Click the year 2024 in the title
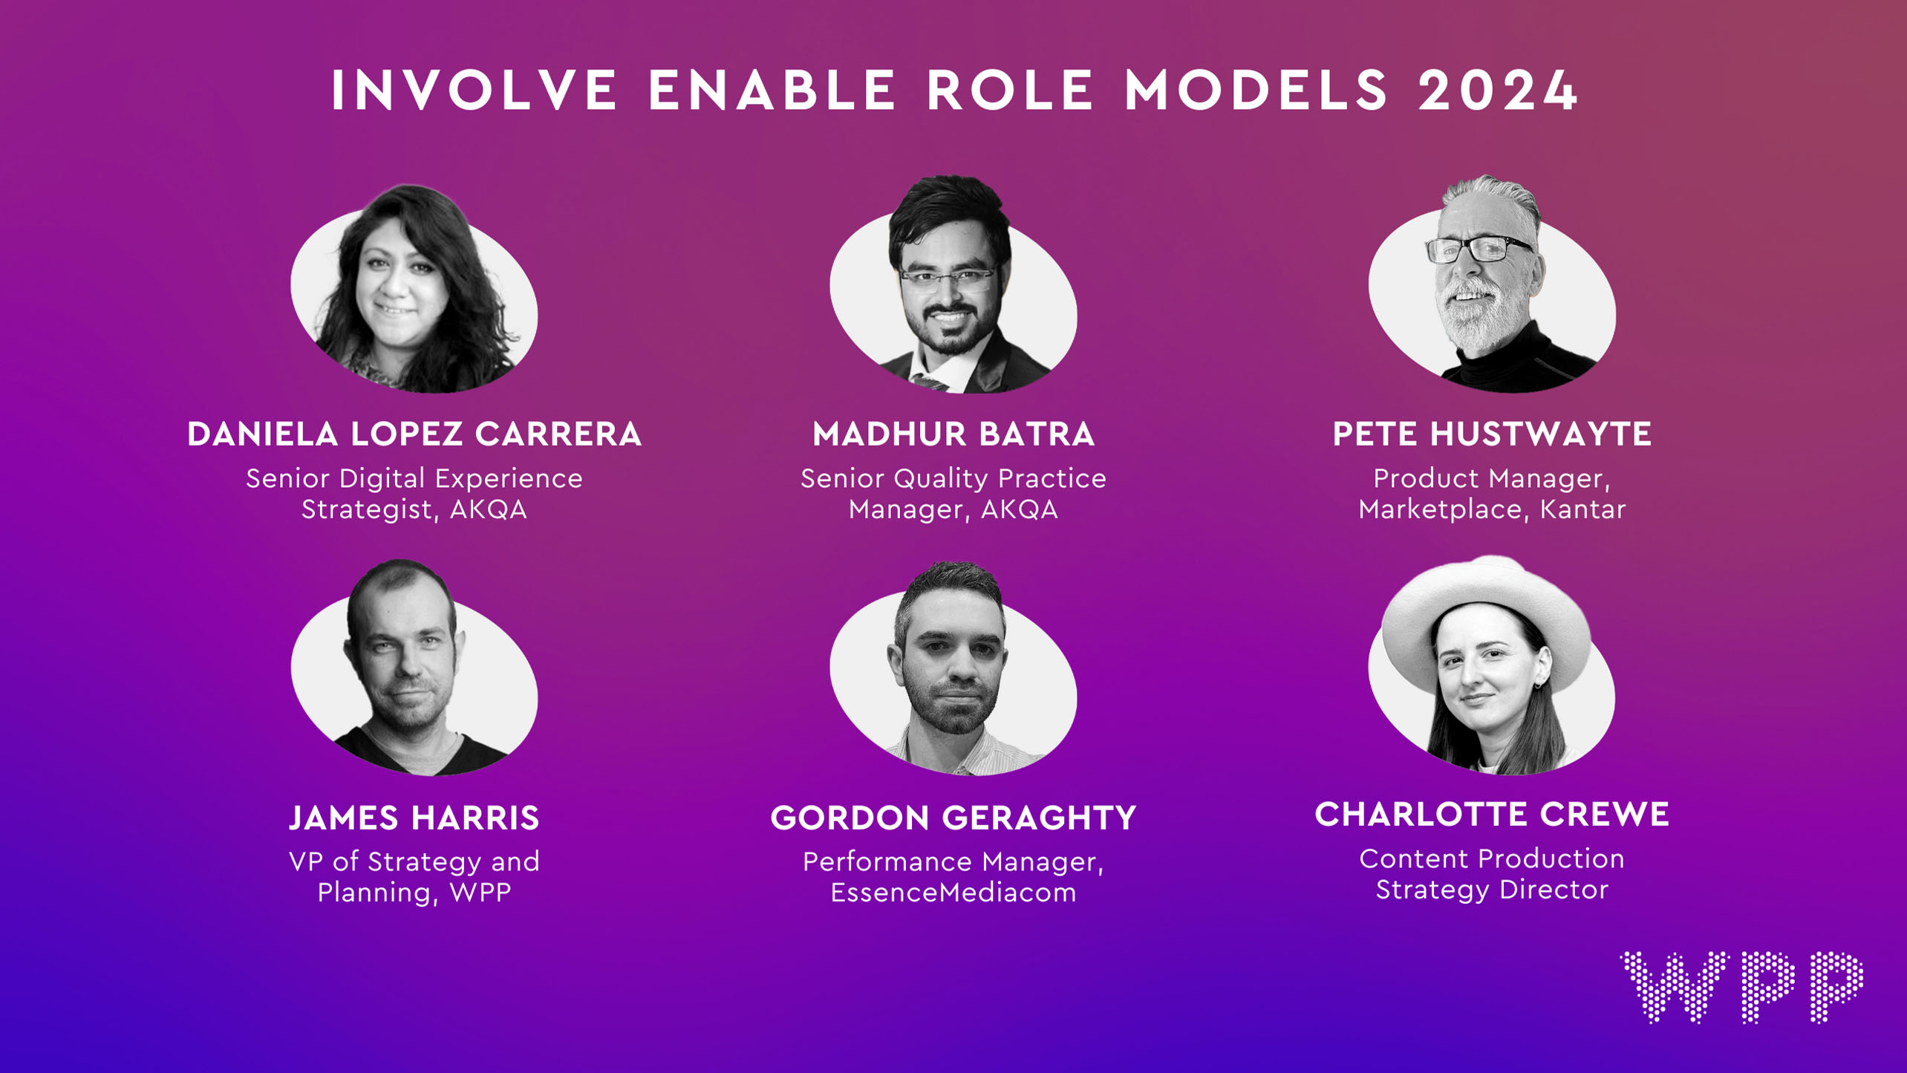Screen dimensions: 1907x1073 (x=1498, y=91)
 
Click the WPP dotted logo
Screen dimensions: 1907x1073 (x=1741, y=987)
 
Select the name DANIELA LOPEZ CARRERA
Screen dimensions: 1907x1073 (x=414, y=434)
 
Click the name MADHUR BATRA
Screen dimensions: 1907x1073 (x=953, y=434)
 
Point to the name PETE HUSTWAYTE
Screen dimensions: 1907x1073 (x=1492, y=434)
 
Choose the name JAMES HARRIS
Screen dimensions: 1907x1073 (x=414, y=818)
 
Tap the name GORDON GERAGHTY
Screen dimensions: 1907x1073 (x=953, y=818)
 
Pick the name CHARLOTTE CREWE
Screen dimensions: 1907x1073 (x=1492, y=814)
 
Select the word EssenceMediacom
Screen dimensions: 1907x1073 (x=953, y=892)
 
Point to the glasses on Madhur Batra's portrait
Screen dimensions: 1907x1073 (x=948, y=279)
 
